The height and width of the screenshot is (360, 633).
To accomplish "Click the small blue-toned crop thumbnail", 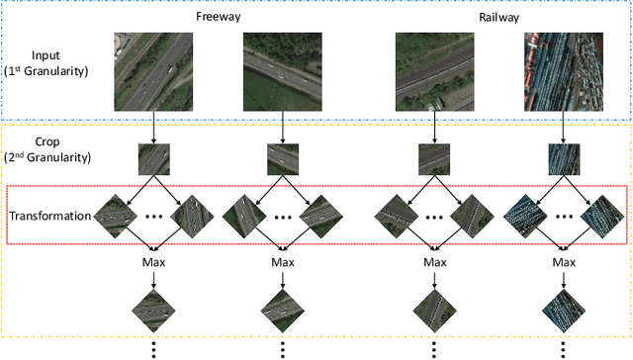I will click(564, 159).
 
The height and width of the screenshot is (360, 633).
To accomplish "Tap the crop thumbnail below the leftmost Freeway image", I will click(153, 159).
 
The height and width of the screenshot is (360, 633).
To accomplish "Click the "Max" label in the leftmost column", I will click(153, 263).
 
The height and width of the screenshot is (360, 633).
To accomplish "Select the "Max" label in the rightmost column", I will click(564, 263).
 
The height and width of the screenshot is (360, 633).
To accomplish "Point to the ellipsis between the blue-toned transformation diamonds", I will click(564, 216).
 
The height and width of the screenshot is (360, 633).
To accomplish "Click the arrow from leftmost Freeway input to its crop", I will click(153, 127).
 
